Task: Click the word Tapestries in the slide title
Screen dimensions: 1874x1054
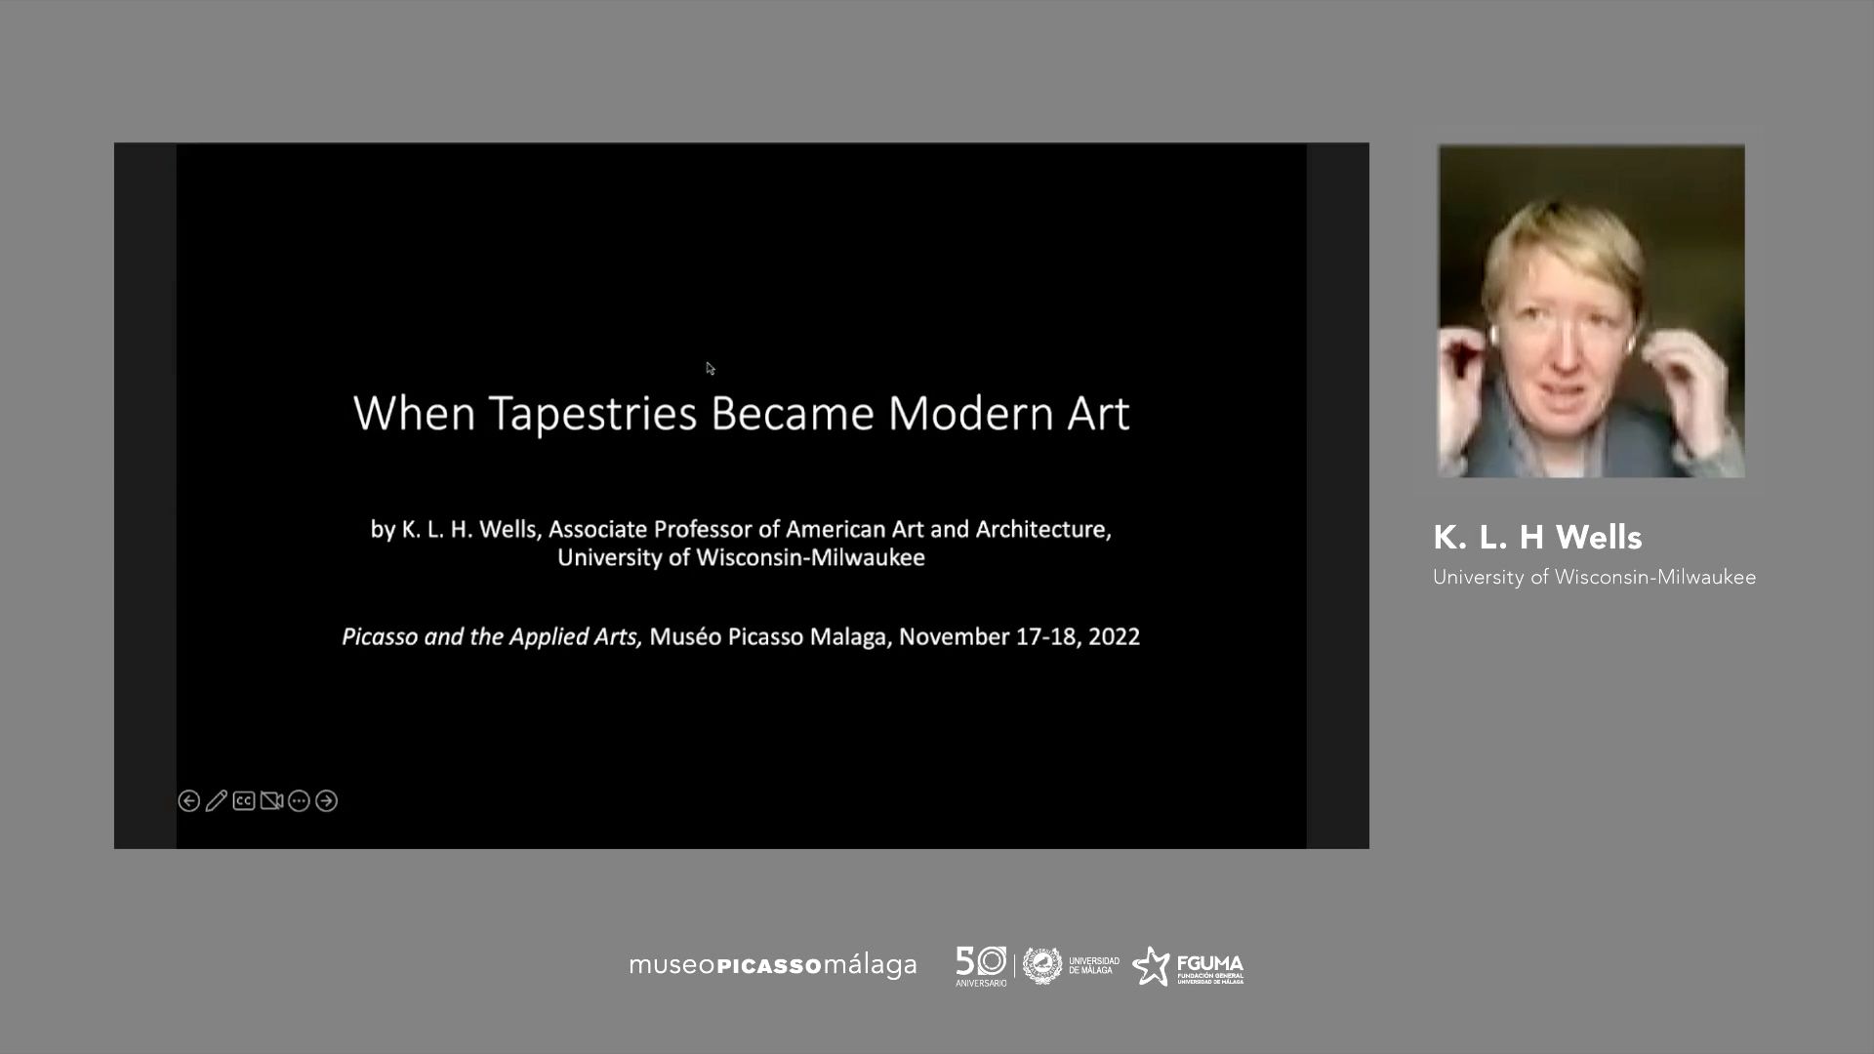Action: pyautogui.click(x=592, y=414)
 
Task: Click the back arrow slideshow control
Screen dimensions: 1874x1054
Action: pyautogui.click(x=189, y=801)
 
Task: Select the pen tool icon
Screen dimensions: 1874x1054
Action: pyautogui.click(x=217, y=801)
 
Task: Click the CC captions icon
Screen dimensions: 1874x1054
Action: pyautogui.click(x=244, y=801)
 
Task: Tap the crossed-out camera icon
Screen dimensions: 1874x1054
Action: pyautogui.click(x=271, y=801)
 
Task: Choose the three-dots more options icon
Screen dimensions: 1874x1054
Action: pyautogui.click(x=299, y=801)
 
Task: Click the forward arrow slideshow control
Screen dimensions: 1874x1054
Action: pyautogui.click(x=327, y=801)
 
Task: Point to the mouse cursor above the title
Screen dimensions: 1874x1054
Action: pyautogui.click(x=710, y=368)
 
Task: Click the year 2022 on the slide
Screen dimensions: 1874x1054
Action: pyautogui.click(x=1115, y=636)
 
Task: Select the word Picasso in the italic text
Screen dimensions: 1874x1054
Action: pyautogui.click(x=380, y=636)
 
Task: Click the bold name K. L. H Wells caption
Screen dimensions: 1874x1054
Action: pyautogui.click(x=1537, y=537)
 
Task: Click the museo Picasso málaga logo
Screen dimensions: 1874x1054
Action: pyautogui.click(x=773, y=965)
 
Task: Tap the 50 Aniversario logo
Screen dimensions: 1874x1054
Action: pyautogui.click(x=981, y=965)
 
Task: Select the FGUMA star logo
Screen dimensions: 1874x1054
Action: pyautogui.click(x=1188, y=966)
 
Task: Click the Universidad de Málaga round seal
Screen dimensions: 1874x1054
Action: pyautogui.click(x=1042, y=965)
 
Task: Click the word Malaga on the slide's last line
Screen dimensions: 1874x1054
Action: pyautogui.click(x=852, y=636)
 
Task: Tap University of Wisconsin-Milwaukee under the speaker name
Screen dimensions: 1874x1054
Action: pyautogui.click(x=1594, y=577)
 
